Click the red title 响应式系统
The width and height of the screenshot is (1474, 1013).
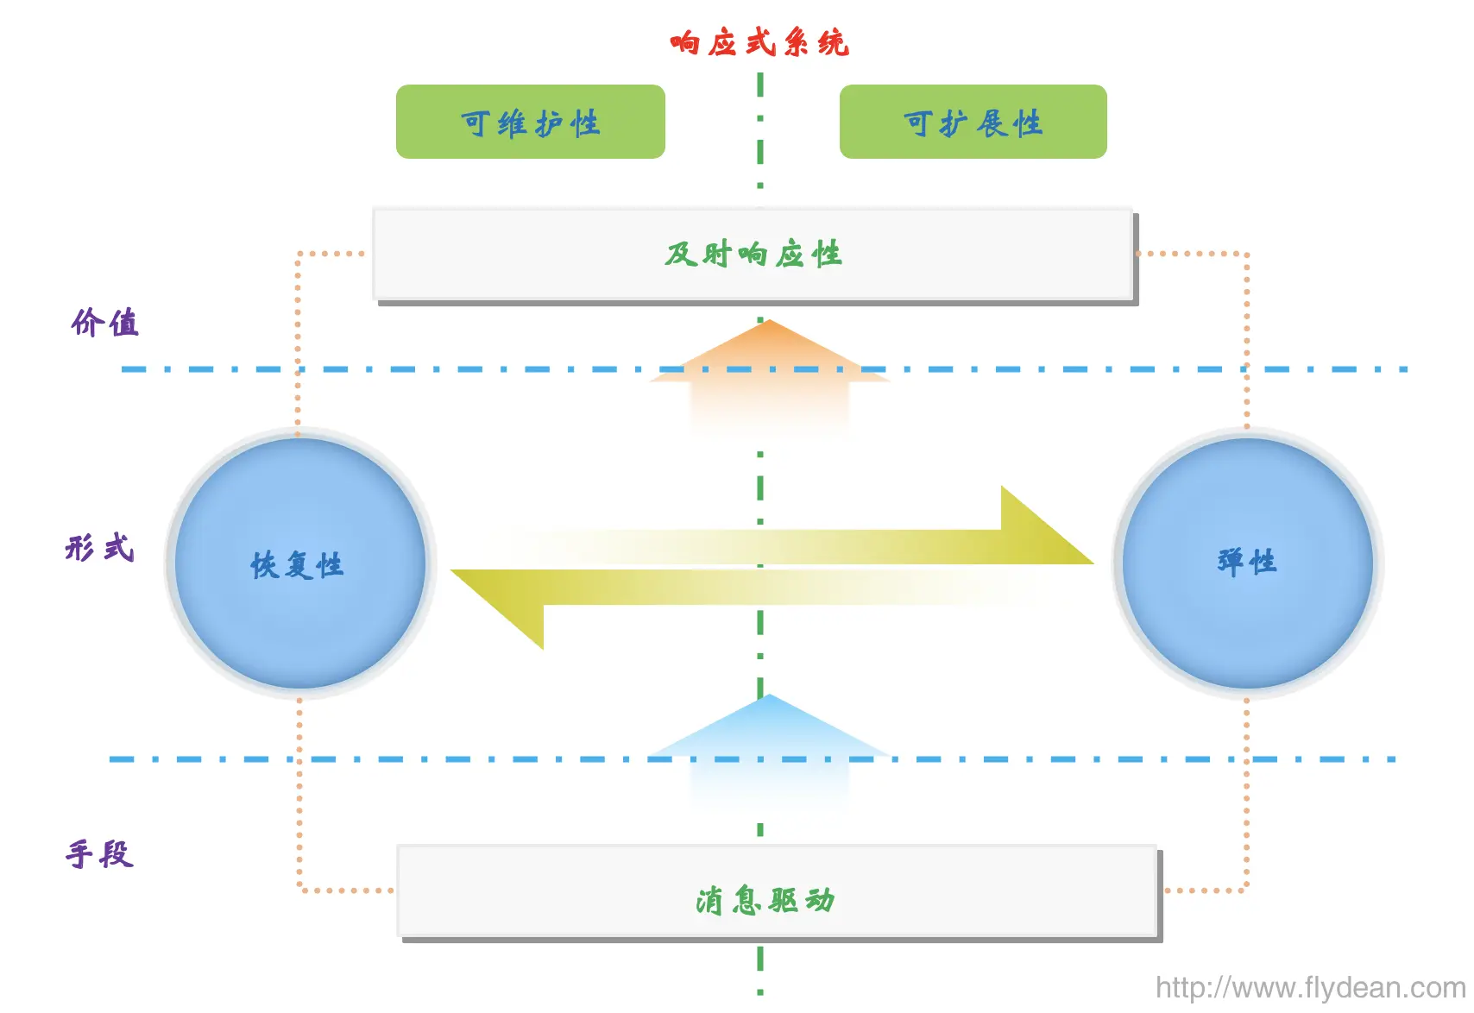[x=759, y=43]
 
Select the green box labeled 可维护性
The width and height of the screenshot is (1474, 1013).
[x=531, y=122]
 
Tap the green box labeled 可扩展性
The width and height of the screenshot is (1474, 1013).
[x=973, y=122]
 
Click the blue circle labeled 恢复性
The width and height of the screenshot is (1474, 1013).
[x=300, y=563]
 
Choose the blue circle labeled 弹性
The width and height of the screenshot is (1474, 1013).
[x=1248, y=563]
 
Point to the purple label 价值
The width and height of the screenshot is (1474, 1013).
[x=105, y=323]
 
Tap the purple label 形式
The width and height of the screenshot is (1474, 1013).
[x=100, y=547]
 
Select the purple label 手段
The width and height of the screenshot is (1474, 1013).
[x=100, y=854]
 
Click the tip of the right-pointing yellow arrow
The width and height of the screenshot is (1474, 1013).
[x=1093, y=563]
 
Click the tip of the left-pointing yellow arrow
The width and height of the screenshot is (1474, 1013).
[x=450, y=570]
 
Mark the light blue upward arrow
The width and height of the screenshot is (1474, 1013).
[x=769, y=750]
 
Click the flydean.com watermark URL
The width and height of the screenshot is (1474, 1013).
[x=1311, y=988]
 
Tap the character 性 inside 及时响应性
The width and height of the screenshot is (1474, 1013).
[x=826, y=254]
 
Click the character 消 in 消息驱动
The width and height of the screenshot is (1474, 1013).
[x=710, y=901]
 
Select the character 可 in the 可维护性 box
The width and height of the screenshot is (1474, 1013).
[x=476, y=123]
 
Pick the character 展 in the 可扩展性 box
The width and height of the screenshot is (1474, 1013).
[x=992, y=123]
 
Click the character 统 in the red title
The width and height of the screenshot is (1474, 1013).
[x=834, y=43]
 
